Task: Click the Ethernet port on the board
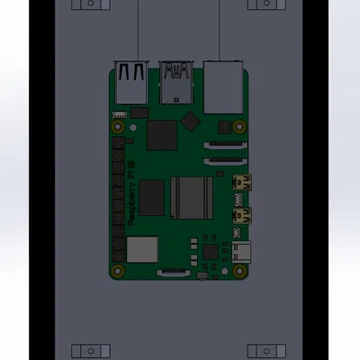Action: coord(223,85)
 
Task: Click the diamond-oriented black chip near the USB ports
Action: coord(189,121)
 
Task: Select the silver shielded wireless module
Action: coord(141,248)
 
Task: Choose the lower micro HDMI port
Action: coord(241,215)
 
